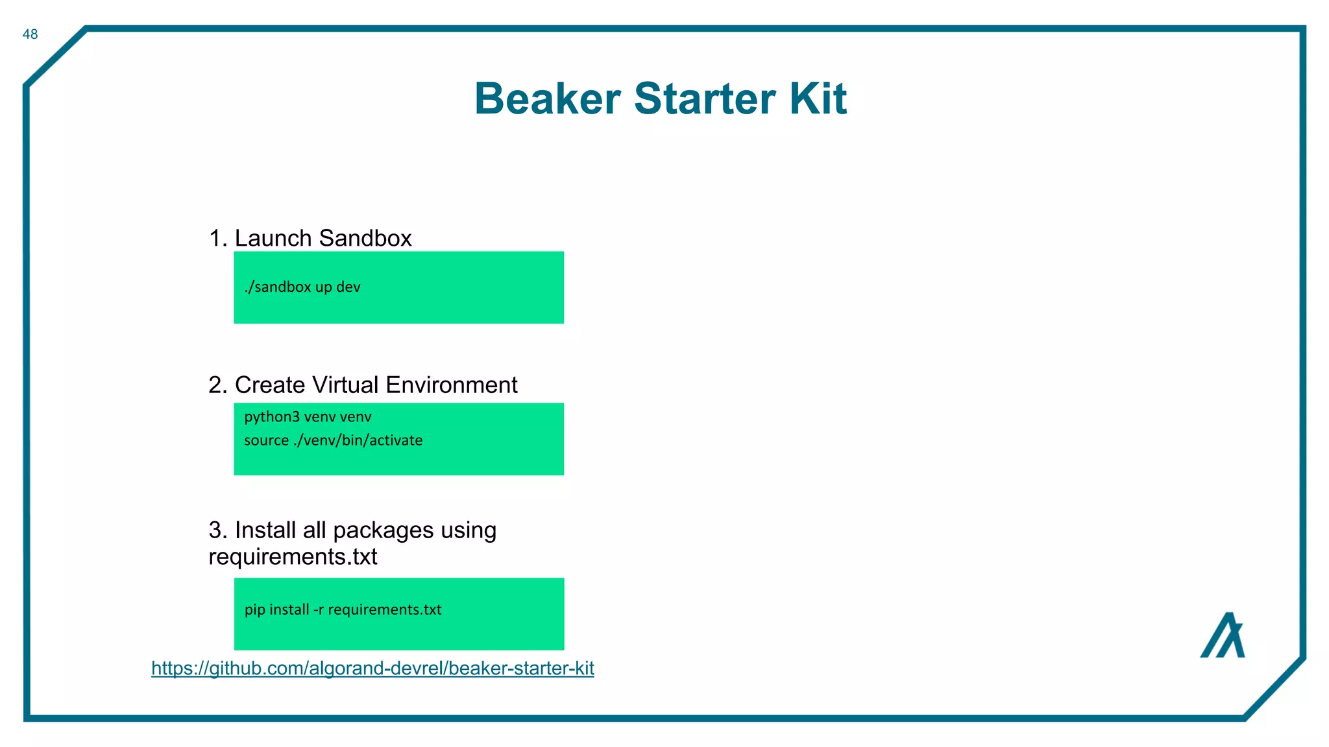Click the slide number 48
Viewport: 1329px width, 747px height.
coord(30,34)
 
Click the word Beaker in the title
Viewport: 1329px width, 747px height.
coord(547,99)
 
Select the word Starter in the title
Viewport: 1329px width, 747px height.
coord(704,99)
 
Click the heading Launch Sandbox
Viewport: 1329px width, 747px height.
coord(323,239)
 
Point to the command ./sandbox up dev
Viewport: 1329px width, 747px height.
coord(302,287)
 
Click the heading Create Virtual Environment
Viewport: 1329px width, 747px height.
coord(376,385)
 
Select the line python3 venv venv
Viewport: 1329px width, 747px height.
coord(308,417)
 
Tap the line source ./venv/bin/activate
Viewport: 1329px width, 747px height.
coord(333,440)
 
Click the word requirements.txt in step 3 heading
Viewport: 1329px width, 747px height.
coord(293,557)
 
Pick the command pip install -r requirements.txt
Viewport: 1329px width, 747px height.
coord(343,610)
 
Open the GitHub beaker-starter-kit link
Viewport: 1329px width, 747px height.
coord(372,669)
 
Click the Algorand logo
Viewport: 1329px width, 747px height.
coord(1222,635)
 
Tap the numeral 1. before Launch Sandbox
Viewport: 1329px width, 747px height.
coord(217,239)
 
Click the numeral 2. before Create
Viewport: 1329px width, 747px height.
coord(217,385)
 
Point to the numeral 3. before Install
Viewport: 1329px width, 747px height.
coord(217,530)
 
